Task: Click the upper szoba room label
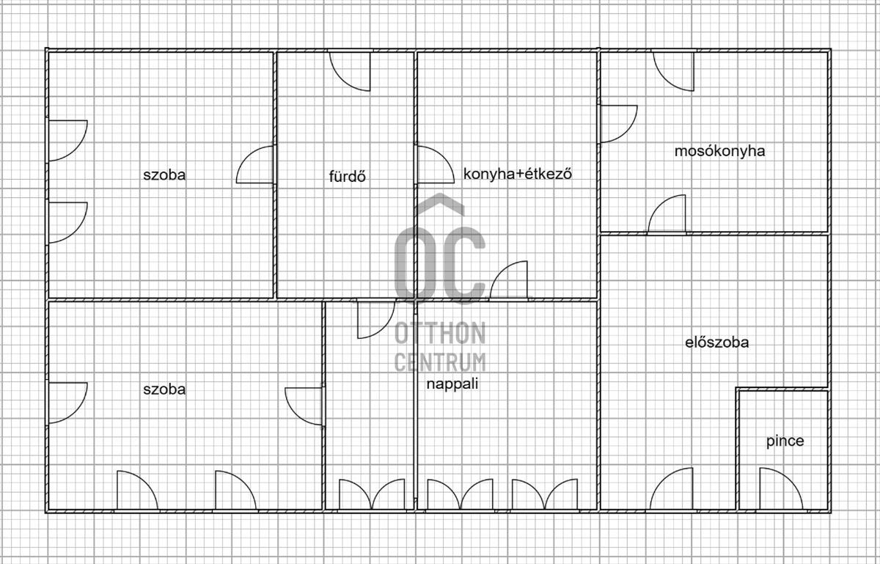pyautogui.click(x=164, y=175)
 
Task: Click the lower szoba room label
pyautogui.click(x=164, y=389)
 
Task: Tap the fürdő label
pyautogui.click(x=348, y=176)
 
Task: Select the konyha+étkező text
pyautogui.click(x=518, y=175)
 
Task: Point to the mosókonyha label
pyautogui.click(x=719, y=151)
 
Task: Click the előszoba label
pyautogui.click(x=716, y=341)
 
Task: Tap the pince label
pyautogui.click(x=785, y=441)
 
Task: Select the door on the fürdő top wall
pyautogui.click(x=351, y=70)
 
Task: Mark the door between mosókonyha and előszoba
pyautogui.click(x=667, y=215)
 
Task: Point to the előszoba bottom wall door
pyautogui.click(x=671, y=490)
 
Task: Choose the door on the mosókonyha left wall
pyautogui.click(x=617, y=123)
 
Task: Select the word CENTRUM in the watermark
pyautogui.click(x=440, y=361)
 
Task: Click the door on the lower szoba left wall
pyautogui.click(x=67, y=402)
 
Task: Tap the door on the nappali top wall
pyautogui.click(x=375, y=319)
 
